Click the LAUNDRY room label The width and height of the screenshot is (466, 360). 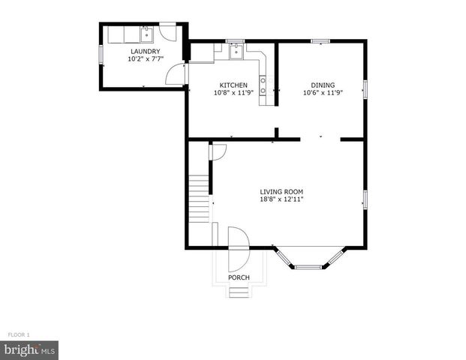[x=145, y=51]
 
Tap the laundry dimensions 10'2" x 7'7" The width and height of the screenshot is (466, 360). [x=145, y=58]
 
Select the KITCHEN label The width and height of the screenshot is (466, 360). [x=233, y=85]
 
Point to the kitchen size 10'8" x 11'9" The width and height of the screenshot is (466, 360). [x=233, y=93]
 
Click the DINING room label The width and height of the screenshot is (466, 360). [x=323, y=85]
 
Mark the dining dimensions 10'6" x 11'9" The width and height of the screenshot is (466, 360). [x=323, y=93]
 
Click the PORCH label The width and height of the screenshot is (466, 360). [x=239, y=277]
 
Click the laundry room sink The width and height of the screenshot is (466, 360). [x=145, y=33]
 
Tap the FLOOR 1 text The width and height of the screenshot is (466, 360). [x=18, y=334]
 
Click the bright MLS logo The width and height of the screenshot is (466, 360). [x=29, y=349]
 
